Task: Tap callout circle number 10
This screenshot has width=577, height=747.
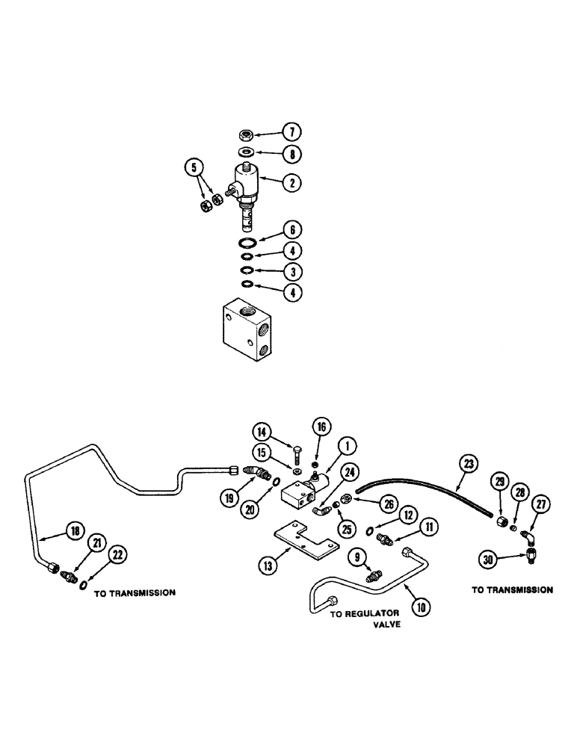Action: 421,607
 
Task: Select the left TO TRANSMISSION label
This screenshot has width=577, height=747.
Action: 135,593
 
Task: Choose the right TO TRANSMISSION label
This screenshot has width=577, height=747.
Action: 512,589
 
